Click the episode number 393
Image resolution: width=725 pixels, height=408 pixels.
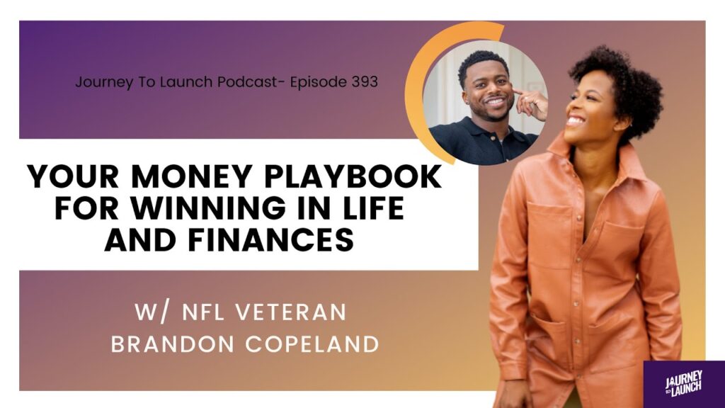365,82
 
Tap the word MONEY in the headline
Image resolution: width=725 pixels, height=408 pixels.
174,176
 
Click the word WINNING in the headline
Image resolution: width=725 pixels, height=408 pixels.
208,208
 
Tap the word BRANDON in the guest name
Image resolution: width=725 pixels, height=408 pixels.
173,345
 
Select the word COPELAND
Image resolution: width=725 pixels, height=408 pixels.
312,345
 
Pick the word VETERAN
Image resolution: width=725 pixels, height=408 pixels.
291,312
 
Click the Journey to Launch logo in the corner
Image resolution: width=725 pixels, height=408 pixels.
684,383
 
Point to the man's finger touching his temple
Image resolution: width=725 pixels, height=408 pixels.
519,92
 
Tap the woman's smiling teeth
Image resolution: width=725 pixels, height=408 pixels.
574,120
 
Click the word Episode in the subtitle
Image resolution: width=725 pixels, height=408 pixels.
318,82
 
